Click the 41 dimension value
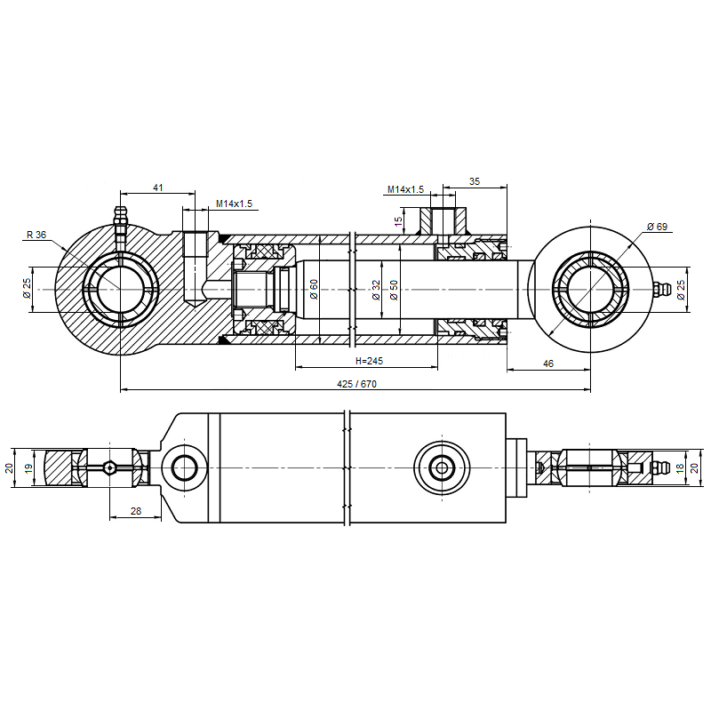pyautogui.click(x=158, y=188)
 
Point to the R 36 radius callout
pyautogui.click(x=36, y=235)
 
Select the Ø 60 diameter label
pyautogui.click(x=314, y=289)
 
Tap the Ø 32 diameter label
pyautogui.click(x=376, y=290)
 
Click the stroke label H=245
pyautogui.click(x=368, y=361)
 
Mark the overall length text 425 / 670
pyautogui.click(x=357, y=384)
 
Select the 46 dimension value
pyautogui.click(x=547, y=363)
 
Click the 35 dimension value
pyautogui.click(x=475, y=181)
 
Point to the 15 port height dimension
pyautogui.click(x=400, y=220)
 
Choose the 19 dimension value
pyautogui.click(x=28, y=467)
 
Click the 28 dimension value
pyautogui.click(x=136, y=511)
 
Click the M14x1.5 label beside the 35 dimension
pyautogui.click(x=405, y=189)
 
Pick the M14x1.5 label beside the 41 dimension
pyautogui.click(x=234, y=204)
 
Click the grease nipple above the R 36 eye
pyautogui.click(x=120, y=219)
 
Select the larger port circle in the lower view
pyautogui.click(x=441, y=467)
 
